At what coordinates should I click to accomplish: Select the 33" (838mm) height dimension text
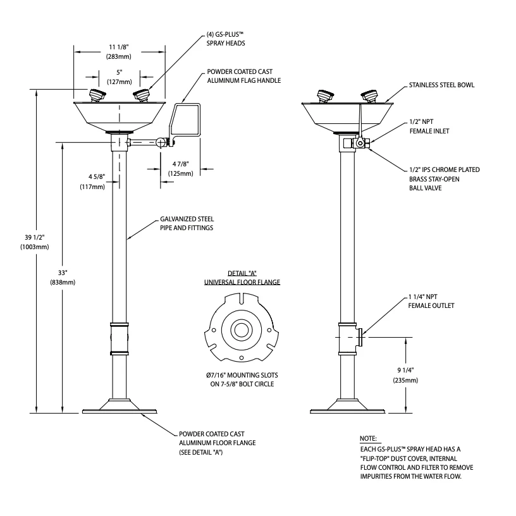(63, 277)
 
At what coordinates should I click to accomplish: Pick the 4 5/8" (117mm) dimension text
(92, 182)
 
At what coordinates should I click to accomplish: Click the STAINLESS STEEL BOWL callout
(441, 84)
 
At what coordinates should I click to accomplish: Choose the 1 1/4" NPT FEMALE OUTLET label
(431, 301)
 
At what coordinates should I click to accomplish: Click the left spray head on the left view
(97, 95)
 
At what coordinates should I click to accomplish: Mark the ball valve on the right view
(361, 144)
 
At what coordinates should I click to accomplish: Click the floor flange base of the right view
(346, 407)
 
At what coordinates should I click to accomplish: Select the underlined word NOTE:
(367, 438)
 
